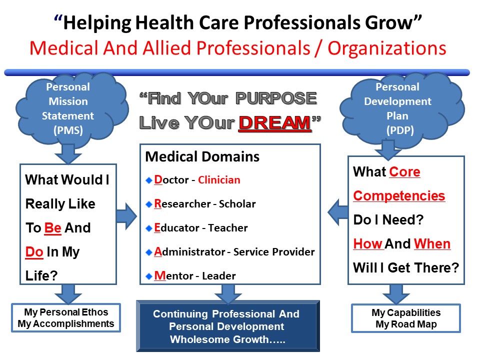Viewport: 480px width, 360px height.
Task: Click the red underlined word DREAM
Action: coord(275,123)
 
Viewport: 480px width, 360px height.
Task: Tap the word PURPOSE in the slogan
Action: coord(276,98)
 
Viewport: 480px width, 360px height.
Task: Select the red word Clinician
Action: coord(219,180)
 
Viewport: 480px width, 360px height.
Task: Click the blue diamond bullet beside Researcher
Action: coord(149,204)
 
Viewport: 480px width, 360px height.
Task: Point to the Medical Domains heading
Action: coord(202,156)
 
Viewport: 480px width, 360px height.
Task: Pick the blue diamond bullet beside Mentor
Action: coord(149,276)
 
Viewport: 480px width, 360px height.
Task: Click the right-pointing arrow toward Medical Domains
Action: coord(126,216)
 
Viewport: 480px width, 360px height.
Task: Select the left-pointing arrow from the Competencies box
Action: coord(338,212)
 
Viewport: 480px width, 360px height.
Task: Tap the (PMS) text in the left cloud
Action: coord(68,130)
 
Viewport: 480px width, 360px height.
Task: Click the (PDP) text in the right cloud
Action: coord(400,130)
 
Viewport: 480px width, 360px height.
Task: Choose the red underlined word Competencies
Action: coord(399,196)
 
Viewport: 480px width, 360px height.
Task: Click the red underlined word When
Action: coord(432,244)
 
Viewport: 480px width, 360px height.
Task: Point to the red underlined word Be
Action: coord(53,228)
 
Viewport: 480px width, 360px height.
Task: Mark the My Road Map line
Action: coord(406,324)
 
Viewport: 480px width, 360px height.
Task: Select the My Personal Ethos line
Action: coord(66,312)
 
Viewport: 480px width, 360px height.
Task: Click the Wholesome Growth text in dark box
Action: coord(227,339)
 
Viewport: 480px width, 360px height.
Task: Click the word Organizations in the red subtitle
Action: coord(387,48)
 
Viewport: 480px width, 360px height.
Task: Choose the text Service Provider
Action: coord(274,252)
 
